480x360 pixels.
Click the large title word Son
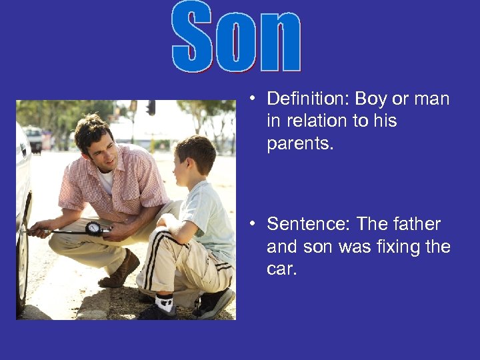237,37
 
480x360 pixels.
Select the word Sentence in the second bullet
306,225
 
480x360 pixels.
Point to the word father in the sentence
417,225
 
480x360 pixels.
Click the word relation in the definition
319,121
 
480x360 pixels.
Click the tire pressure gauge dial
93,228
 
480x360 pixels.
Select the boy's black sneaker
215,303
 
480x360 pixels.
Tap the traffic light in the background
151,107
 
